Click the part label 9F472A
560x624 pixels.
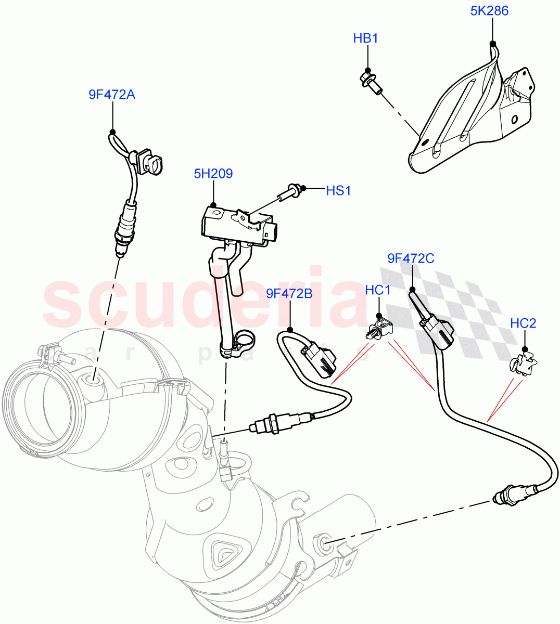point(111,95)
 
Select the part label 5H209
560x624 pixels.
point(213,174)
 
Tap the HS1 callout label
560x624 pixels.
point(338,191)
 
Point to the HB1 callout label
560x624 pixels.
point(365,38)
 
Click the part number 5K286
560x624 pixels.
point(489,11)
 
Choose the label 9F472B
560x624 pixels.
point(289,294)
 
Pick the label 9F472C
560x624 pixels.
point(411,258)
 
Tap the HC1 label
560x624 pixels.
point(377,290)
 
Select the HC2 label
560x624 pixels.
point(523,323)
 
